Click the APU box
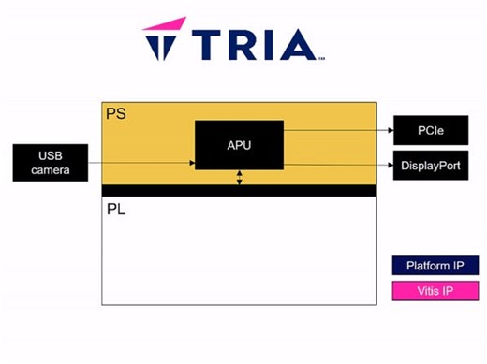(x=239, y=145)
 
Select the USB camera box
(x=51, y=162)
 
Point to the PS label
(x=114, y=113)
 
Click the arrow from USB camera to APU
(x=140, y=163)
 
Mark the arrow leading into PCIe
(x=337, y=130)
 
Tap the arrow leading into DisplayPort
(x=337, y=165)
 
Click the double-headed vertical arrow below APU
(x=239, y=177)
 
